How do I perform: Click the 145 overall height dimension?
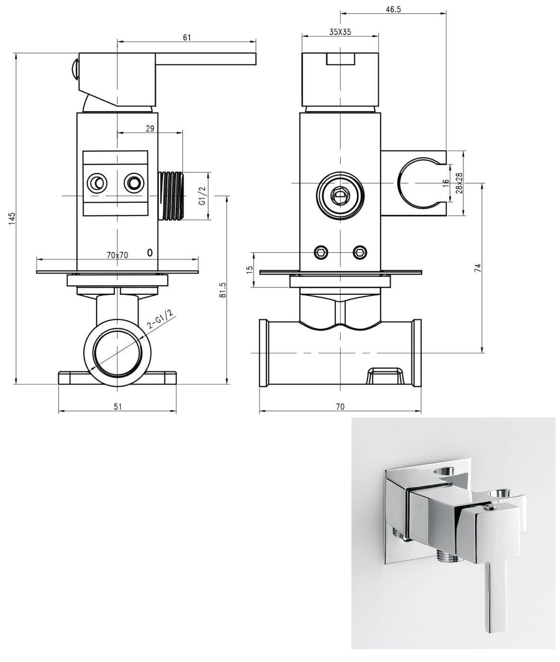click(12, 219)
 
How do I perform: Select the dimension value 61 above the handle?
click(187, 37)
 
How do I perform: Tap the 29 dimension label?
click(150, 128)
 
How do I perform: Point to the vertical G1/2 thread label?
click(203, 196)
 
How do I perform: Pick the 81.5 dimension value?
click(223, 290)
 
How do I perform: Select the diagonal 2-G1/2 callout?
click(161, 319)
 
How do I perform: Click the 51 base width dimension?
click(117, 407)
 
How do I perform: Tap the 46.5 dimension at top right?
click(393, 9)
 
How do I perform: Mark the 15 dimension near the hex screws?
click(250, 268)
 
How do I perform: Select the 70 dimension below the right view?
click(340, 407)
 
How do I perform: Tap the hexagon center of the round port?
click(340, 196)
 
